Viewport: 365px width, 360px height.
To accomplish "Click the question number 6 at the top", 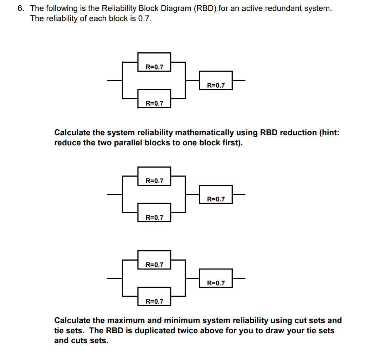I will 21,9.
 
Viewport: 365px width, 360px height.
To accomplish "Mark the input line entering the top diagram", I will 115,80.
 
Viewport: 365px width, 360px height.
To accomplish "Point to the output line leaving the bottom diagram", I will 239,278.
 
